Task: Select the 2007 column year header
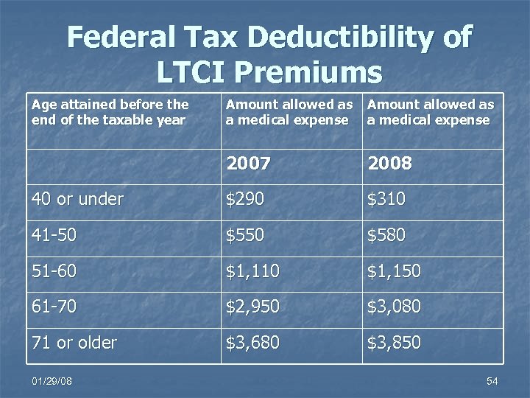(248, 163)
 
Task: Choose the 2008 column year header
(389, 163)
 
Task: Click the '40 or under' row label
(77, 199)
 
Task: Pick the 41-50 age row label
(54, 235)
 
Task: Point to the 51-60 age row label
(54, 271)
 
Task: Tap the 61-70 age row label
(54, 307)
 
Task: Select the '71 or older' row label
(74, 343)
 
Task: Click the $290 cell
(245, 199)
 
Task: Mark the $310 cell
(386, 199)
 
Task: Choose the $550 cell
(245, 235)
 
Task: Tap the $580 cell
(386, 235)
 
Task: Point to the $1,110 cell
(252, 271)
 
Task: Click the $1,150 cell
(394, 271)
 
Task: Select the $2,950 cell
(252, 307)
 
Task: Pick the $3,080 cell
(394, 307)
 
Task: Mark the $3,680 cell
(252, 343)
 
